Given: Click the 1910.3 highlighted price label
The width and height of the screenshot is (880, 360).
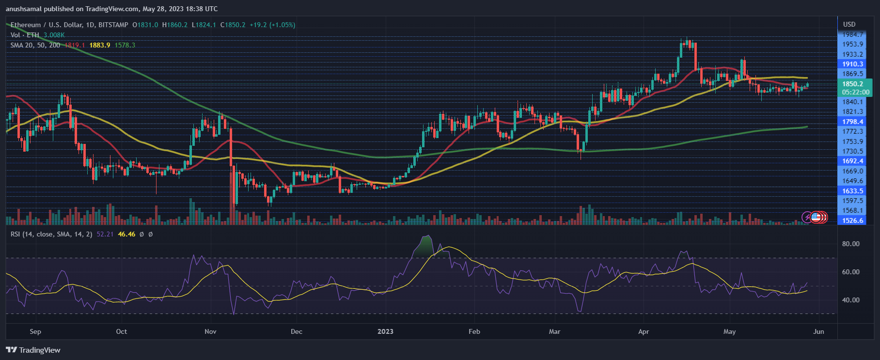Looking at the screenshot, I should pyautogui.click(x=852, y=64).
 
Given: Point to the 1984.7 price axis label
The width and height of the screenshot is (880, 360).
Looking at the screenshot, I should pyautogui.click(x=852, y=34).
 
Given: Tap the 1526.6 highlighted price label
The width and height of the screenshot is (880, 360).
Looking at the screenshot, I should pyautogui.click(x=852, y=220).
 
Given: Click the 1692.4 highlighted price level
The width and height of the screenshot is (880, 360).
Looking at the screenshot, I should pyautogui.click(x=852, y=161).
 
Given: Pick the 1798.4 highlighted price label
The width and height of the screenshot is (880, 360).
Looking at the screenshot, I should pyautogui.click(x=852, y=122).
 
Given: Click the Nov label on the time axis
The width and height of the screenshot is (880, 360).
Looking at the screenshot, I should pyautogui.click(x=210, y=331).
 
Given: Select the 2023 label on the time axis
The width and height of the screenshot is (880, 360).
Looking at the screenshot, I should pyautogui.click(x=385, y=331).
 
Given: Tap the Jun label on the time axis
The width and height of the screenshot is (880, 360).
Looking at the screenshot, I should pyautogui.click(x=818, y=331).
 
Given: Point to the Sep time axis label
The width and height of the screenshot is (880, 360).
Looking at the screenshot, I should pyautogui.click(x=35, y=331).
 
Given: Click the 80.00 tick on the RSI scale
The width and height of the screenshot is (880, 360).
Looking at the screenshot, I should pyautogui.click(x=850, y=244).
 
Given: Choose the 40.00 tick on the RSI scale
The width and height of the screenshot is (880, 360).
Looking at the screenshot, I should pyautogui.click(x=850, y=300).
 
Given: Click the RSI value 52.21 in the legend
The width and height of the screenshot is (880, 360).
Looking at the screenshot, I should pyautogui.click(x=105, y=234).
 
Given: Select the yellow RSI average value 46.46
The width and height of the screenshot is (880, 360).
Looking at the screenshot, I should pyautogui.click(x=126, y=234).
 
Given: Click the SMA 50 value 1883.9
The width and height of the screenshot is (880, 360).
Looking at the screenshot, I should pyautogui.click(x=99, y=45).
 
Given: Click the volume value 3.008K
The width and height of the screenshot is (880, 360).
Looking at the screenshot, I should pyautogui.click(x=54, y=35).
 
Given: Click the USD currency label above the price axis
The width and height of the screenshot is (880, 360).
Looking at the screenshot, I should pyautogui.click(x=849, y=24).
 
